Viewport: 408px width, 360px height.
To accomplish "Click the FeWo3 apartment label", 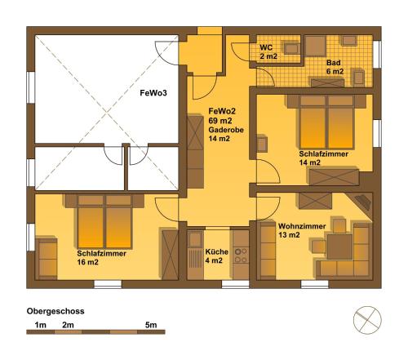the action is pos(153,93).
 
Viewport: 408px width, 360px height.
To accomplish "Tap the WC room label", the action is pos(266,47).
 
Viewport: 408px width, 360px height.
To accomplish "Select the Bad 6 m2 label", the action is pos(335,67).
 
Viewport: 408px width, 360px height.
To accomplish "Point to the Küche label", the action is pos(216,251).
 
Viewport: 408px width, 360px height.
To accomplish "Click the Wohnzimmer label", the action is pos(302,226).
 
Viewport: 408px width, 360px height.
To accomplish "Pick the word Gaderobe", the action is pos(226,130).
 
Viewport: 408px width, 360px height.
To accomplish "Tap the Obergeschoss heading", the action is pos(55,311).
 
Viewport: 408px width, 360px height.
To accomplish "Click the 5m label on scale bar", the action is pos(151,325).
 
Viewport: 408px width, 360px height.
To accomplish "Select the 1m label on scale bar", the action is pos(40,325).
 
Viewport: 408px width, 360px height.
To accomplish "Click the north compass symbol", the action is pos(367,320).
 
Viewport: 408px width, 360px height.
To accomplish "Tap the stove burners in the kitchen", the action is pos(241,255).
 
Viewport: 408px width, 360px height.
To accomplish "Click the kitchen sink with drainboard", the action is pos(195,250).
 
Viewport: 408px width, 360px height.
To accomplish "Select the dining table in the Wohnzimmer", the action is pos(339,247).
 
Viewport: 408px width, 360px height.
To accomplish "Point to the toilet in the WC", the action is pos(292,48).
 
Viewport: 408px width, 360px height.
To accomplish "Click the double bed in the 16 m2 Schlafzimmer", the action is pos(104,222).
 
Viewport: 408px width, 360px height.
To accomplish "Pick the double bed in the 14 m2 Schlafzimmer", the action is pos(326,122).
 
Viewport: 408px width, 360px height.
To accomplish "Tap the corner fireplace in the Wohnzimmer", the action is pos(362,203).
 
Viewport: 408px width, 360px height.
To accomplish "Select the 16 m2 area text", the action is pos(87,262).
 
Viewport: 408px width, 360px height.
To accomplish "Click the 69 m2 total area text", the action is pos(220,120).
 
